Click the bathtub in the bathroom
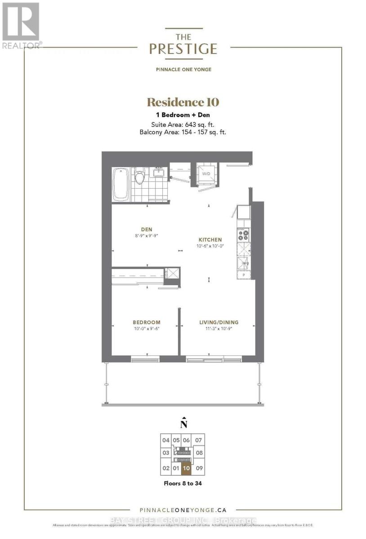coord(121,184)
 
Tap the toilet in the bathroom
coord(139,176)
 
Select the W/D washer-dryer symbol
coord(206,173)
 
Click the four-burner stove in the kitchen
coord(243,235)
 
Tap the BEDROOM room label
coord(146,322)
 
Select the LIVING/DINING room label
coord(219,322)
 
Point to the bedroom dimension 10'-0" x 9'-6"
coord(146,328)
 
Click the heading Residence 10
coord(183,102)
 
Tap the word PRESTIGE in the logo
coord(183,49)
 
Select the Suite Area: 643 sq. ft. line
coord(183,124)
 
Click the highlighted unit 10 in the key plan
coord(187,468)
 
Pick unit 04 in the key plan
coord(166,440)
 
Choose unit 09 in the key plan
coord(200,468)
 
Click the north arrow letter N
coord(183,424)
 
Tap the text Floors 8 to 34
coord(183,484)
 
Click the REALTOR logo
coord(21,25)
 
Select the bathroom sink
coord(158,172)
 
